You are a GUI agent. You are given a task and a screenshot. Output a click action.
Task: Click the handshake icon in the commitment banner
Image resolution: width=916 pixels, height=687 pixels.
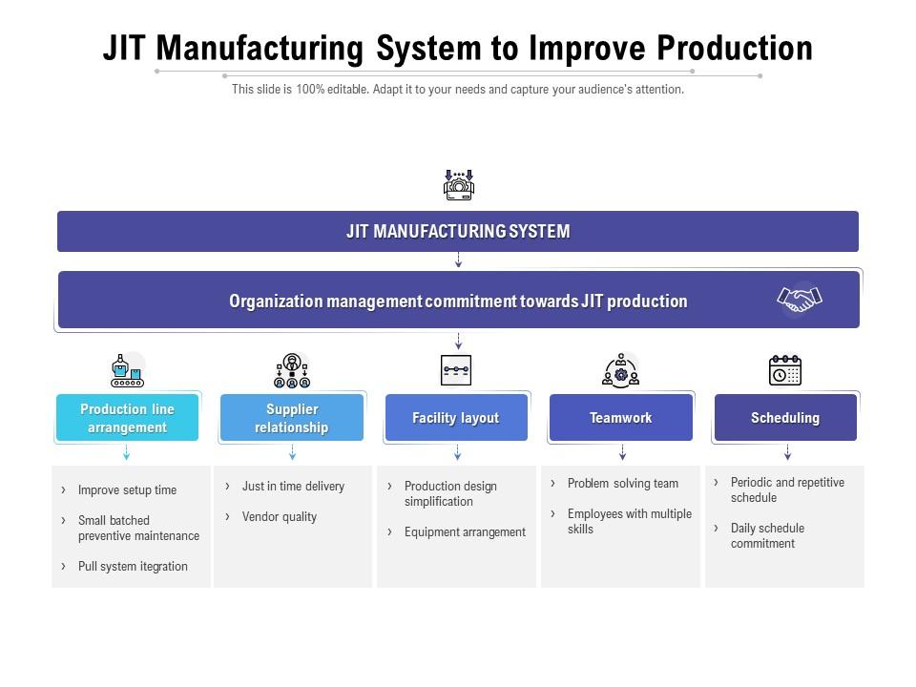[x=799, y=300]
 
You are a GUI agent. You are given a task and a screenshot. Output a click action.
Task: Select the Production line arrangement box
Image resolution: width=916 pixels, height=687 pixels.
[x=127, y=418]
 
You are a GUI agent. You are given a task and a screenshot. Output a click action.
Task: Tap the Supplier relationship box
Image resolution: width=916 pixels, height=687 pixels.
[x=292, y=418]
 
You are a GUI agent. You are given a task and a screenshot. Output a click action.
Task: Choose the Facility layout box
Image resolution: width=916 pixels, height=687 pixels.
[x=456, y=418]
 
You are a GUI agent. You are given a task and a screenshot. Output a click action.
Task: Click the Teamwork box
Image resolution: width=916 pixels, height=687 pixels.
[x=621, y=418]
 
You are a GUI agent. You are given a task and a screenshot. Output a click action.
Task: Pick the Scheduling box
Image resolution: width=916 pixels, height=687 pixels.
[x=785, y=418]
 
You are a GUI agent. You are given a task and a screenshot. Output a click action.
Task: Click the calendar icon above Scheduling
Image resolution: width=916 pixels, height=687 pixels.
[x=785, y=370]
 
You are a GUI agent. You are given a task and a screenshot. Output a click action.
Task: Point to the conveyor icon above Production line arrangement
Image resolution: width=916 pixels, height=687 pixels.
[x=127, y=370]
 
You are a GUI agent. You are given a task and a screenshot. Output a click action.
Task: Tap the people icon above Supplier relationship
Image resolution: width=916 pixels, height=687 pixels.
[x=292, y=370]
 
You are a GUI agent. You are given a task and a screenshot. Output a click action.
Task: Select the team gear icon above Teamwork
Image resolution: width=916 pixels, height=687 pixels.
[x=621, y=370]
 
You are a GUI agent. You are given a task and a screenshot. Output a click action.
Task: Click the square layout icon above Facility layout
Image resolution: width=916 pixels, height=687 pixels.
[x=456, y=370]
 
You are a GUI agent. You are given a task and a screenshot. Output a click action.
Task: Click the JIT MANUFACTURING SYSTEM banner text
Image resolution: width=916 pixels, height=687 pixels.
[x=458, y=232]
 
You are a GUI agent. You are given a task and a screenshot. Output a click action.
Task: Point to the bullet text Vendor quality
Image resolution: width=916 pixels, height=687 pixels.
[x=279, y=516]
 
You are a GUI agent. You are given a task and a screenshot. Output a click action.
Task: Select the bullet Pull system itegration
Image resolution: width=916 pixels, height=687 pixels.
[x=133, y=566]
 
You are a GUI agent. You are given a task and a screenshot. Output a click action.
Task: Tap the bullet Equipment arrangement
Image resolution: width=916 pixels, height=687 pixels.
[x=465, y=532]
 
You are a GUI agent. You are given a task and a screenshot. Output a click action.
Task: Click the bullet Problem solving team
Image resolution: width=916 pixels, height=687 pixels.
[x=622, y=483]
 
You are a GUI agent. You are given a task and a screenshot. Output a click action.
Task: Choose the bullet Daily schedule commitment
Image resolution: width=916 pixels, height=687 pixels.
[x=767, y=535]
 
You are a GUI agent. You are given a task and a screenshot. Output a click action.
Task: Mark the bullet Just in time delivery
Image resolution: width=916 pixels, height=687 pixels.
[x=293, y=486]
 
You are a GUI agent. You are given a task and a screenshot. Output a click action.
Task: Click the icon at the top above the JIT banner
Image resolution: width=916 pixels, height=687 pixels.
[x=459, y=183]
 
